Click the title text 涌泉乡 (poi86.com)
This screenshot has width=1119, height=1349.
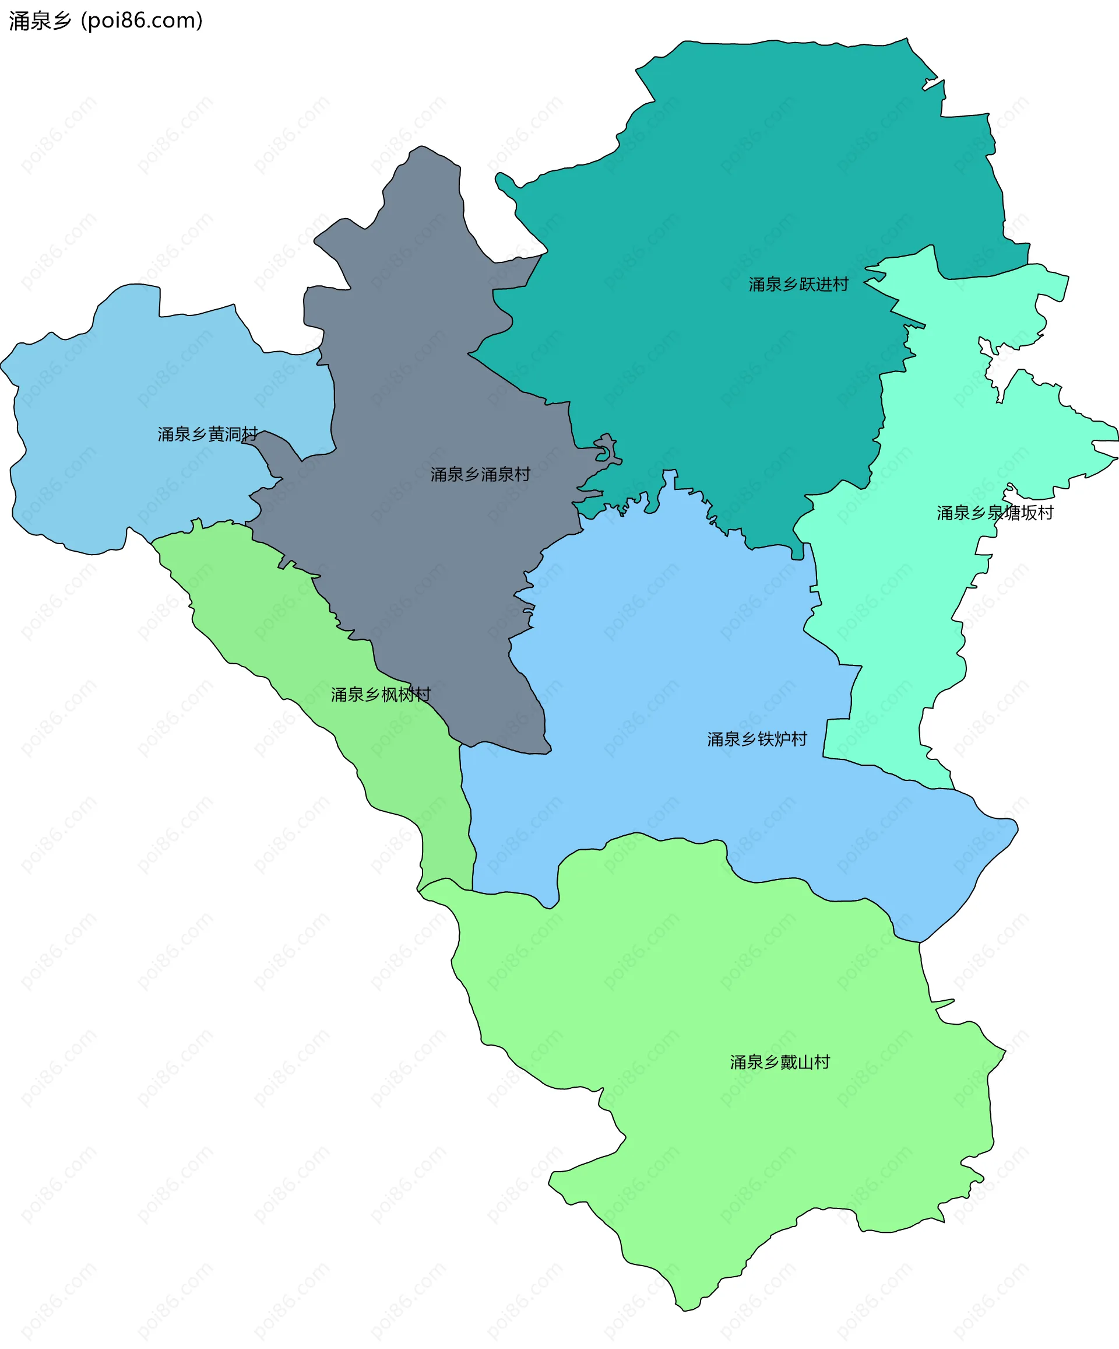(106, 20)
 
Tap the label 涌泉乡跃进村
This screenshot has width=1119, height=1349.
(798, 285)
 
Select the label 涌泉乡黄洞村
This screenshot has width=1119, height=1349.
(207, 435)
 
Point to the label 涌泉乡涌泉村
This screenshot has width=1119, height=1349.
(480, 474)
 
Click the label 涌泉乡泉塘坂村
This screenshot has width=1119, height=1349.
(994, 513)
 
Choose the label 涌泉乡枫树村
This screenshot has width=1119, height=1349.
(381, 695)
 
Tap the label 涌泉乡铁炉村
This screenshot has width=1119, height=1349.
(757, 739)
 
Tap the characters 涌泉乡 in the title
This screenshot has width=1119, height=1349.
(40, 20)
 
